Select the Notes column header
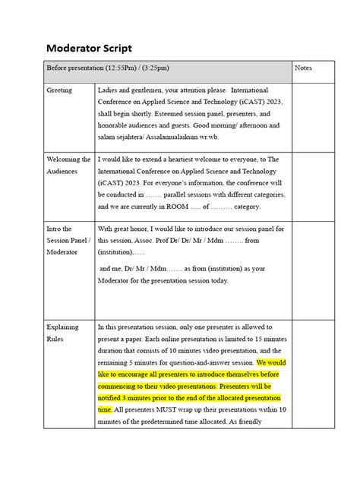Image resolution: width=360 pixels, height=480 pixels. (x=305, y=68)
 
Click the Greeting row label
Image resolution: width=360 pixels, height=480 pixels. (x=60, y=90)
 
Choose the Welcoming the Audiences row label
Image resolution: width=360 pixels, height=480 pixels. (x=69, y=166)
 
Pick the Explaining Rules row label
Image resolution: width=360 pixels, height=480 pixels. (x=64, y=333)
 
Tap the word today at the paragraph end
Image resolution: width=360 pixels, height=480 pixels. (x=217, y=280)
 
